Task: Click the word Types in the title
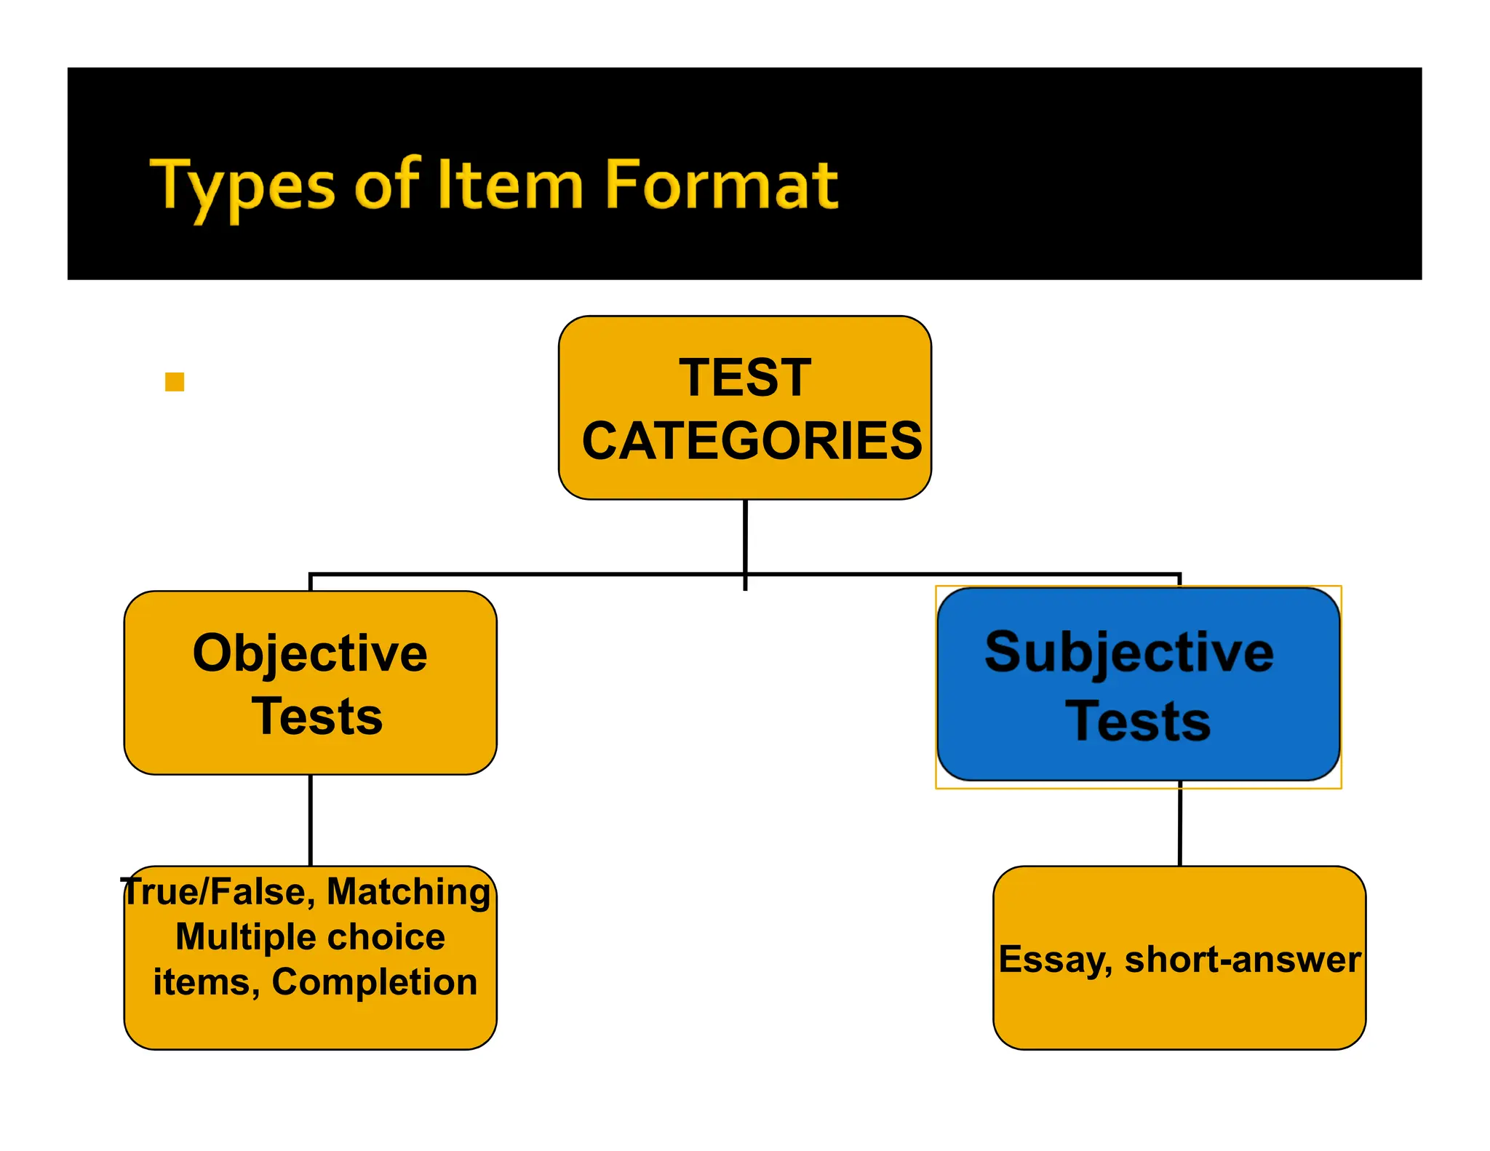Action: point(242,186)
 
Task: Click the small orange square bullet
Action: point(175,382)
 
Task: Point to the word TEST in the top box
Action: point(745,378)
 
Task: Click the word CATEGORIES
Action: point(752,441)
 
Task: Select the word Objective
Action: point(310,653)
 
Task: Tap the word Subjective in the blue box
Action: point(1129,653)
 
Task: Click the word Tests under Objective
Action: point(317,717)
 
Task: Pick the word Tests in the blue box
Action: point(1138,721)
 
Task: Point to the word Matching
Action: point(409,892)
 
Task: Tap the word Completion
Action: point(375,982)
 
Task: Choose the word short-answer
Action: point(1243,960)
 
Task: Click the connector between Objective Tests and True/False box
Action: point(311,820)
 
